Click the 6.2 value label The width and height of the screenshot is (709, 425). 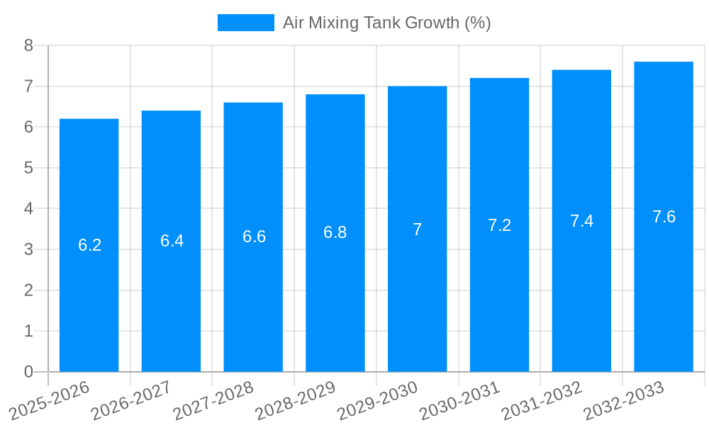(x=89, y=245)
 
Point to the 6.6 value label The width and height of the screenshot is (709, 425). (x=254, y=237)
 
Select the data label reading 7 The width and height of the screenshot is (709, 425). (x=418, y=229)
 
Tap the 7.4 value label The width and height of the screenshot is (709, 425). (x=581, y=221)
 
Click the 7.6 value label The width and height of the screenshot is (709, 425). (x=664, y=217)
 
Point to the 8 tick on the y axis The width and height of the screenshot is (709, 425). (x=28, y=45)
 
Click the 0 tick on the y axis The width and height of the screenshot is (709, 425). (x=28, y=372)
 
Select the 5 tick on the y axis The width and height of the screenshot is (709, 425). (x=28, y=168)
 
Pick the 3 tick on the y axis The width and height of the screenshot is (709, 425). (x=28, y=249)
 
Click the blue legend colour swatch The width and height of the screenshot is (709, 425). (x=245, y=23)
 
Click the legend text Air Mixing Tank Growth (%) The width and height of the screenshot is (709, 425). (x=386, y=23)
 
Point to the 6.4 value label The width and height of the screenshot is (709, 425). (x=172, y=241)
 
